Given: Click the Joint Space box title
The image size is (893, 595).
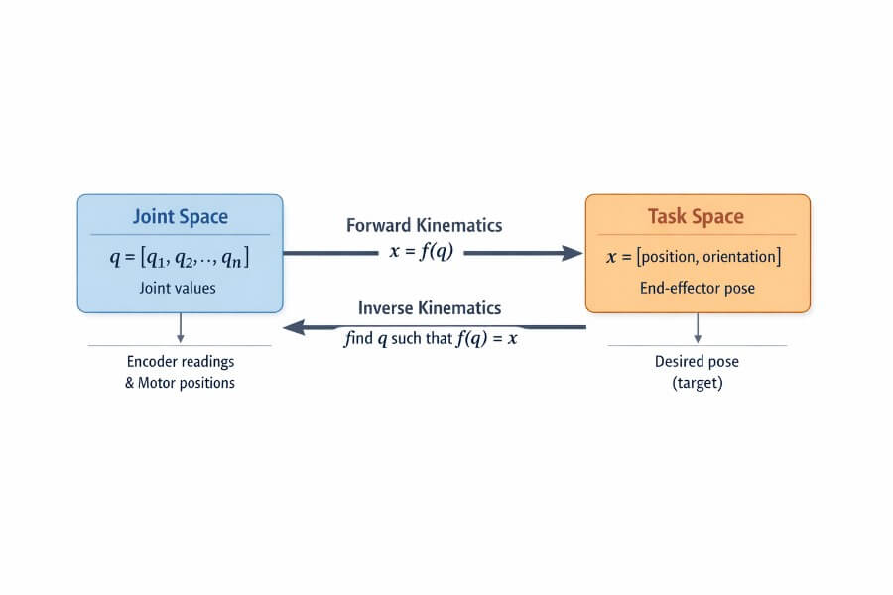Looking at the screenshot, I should pos(180,217).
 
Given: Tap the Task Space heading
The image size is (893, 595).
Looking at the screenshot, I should pos(696,217).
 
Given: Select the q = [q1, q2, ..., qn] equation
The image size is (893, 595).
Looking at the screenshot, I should pos(180,258).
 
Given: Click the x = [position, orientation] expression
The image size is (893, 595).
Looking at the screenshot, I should pos(695,257).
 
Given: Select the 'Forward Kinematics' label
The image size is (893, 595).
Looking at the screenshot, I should pos(424,225).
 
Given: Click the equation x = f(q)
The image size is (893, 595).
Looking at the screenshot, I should pos(422,252).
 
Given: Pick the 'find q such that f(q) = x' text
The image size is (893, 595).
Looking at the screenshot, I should pos(431,337).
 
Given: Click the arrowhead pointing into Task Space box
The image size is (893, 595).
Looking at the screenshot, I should pos(573,253).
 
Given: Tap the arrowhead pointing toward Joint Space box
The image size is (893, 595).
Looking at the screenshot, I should pos(294,327).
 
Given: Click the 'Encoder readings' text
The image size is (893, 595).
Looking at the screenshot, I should pos(180,362).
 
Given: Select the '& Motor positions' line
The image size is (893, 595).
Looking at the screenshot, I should pos(180,382).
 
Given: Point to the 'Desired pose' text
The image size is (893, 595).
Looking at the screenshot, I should pos(697,362).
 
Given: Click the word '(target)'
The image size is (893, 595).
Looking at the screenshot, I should pos(697,382).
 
